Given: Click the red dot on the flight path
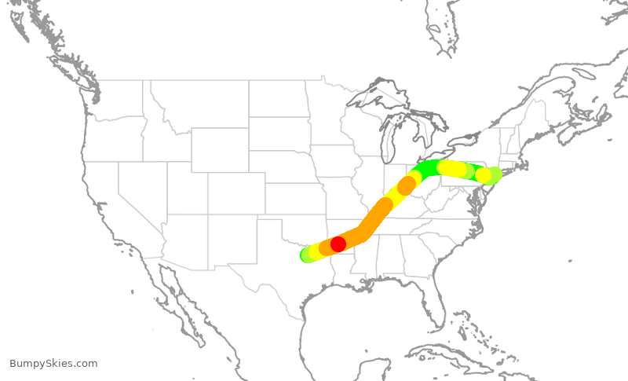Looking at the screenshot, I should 338,244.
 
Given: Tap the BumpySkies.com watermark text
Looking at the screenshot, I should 53,364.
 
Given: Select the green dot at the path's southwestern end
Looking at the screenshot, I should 307,255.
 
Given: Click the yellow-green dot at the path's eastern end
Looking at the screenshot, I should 495,174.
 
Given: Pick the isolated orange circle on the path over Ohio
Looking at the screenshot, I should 406,186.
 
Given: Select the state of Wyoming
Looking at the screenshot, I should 219,150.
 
